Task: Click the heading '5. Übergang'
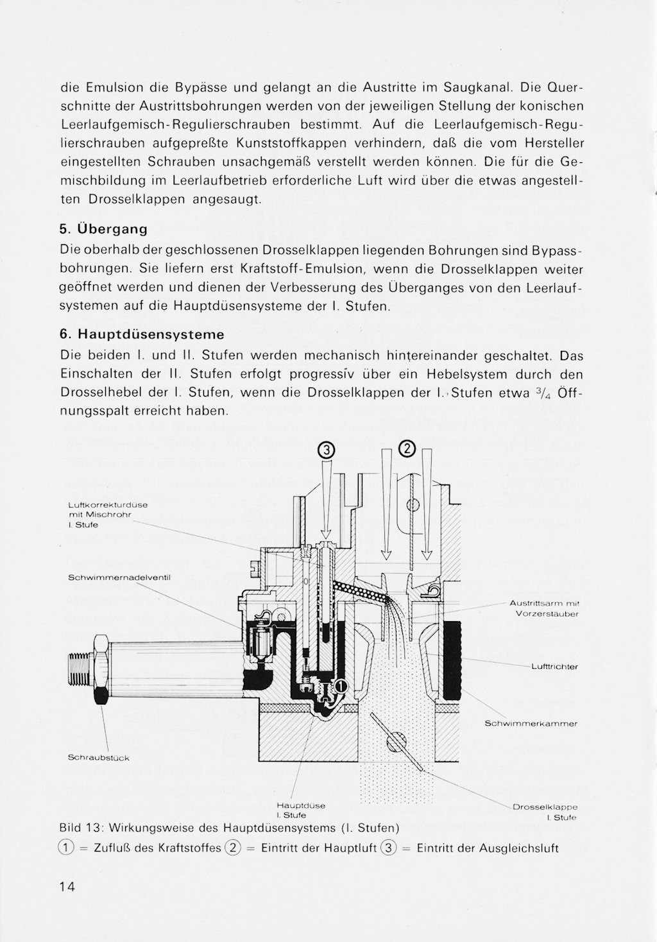coord(103,229)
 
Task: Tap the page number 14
coord(67,887)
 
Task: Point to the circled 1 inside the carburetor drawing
coord(341,685)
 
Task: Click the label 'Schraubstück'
coord(99,758)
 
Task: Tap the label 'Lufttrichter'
coord(554,666)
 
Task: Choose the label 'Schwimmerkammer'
coord(531,723)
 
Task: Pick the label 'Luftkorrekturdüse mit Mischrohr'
coord(108,515)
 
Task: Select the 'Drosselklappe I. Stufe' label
coord(545,812)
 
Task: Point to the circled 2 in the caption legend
coord(233,848)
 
